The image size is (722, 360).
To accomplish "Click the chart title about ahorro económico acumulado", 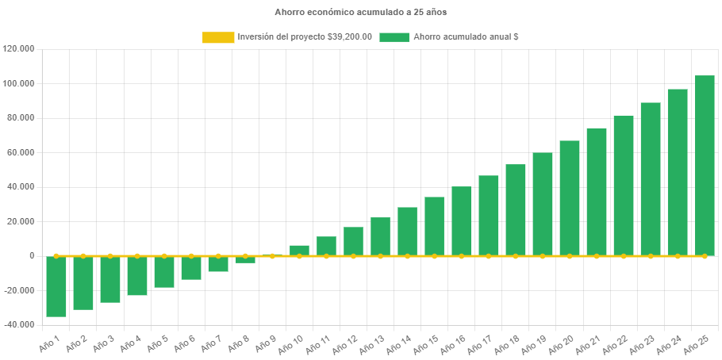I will click(x=360, y=12).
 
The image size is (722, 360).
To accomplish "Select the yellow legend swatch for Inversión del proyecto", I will click(x=218, y=37).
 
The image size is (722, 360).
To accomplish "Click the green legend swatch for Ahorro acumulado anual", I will click(x=394, y=37).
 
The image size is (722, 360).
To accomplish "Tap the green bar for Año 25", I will click(x=705, y=166).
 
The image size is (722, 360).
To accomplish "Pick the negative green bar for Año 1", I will click(x=56, y=286).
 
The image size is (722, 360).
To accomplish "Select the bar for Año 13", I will click(x=380, y=236).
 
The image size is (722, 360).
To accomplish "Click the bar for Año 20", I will click(x=570, y=198).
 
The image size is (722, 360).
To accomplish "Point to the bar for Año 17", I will click(x=489, y=216).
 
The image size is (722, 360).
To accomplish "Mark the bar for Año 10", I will click(x=299, y=251).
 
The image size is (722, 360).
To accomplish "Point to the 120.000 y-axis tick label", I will click(x=18, y=49).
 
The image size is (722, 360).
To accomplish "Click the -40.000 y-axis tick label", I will click(x=18, y=325).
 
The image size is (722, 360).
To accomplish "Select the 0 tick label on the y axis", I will click(x=32, y=256).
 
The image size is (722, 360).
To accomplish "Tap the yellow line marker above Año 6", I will click(x=191, y=256).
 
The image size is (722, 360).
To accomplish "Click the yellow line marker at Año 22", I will click(x=624, y=256).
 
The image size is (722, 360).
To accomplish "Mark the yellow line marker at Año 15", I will click(x=434, y=256).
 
